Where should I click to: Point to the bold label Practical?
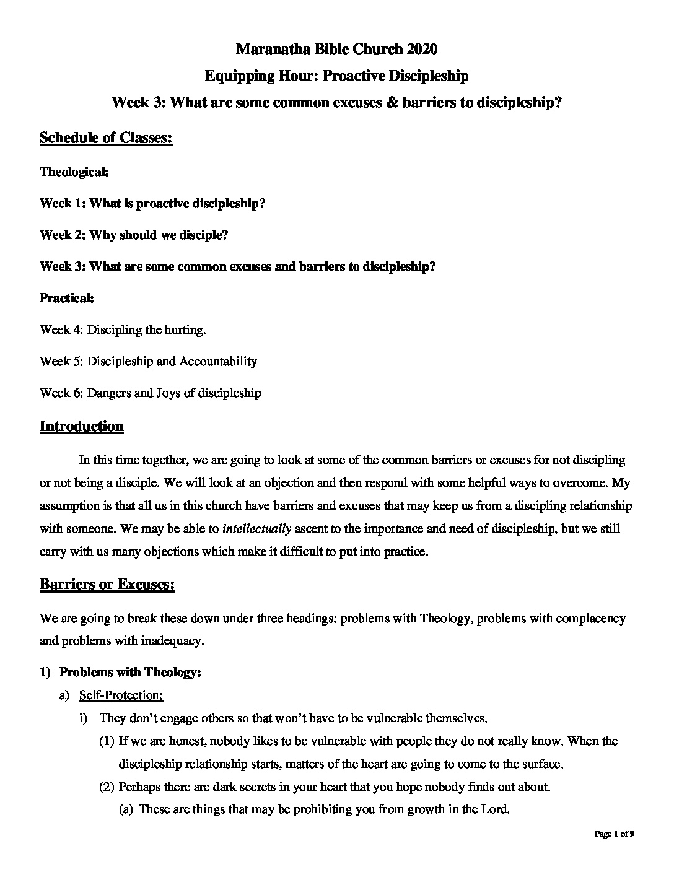coord(67,298)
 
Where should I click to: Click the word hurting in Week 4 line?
coord(184,330)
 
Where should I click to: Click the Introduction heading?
coord(81,426)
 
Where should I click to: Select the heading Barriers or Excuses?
coord(107,585)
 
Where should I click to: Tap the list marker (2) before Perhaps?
coord(107,787)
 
